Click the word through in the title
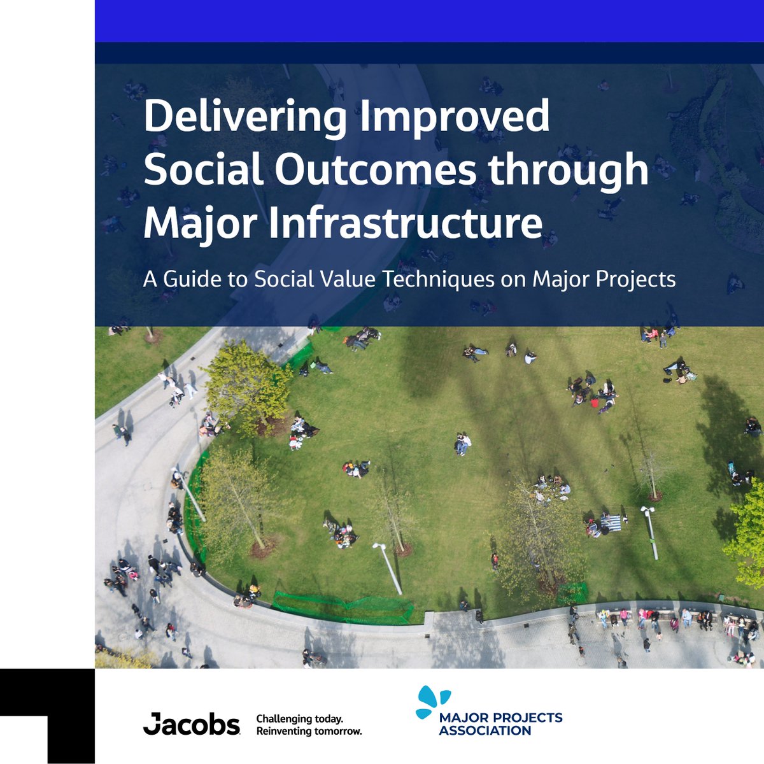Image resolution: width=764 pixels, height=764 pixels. pos(570,171)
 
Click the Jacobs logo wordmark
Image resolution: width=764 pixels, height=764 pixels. pos(192,724)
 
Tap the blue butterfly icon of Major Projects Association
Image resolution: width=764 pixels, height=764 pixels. pos(432,703)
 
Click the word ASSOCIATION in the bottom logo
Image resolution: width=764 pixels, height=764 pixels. pos(485,731)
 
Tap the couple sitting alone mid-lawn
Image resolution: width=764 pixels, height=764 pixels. pos(462,443)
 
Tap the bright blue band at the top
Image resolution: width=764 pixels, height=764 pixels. pos(429,21)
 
